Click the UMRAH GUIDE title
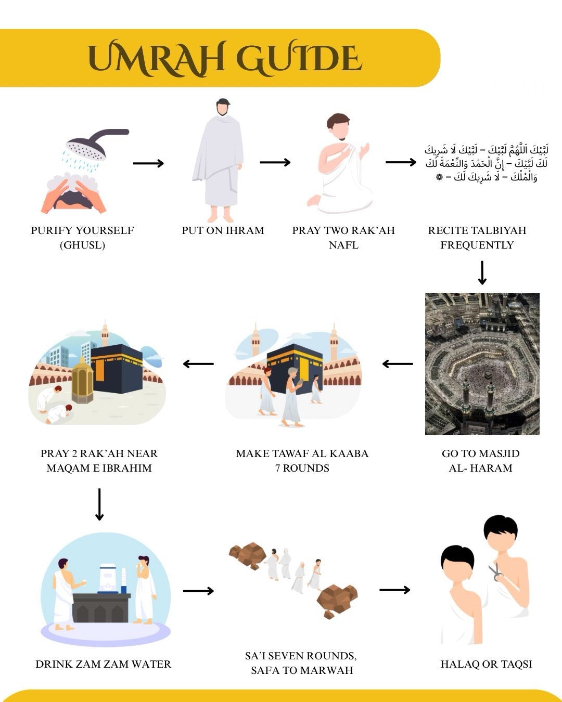coord(225,58)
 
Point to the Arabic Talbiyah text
coord(486,163)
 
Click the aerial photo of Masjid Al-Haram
coord(482,363)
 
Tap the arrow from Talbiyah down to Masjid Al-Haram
coord(482,273)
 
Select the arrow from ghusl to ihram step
coord(148,163)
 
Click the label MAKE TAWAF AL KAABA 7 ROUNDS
coord(302,461)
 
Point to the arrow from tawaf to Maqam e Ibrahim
coord(198,364)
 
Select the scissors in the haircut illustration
coord(495,572)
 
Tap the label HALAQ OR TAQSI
coord(486,664)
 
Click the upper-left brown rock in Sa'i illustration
coord(248,555)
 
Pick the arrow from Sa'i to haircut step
coord(394,590)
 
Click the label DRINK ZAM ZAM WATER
coord(103,664)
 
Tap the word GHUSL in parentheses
coord(82,245)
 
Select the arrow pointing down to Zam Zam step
coord(99,504)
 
